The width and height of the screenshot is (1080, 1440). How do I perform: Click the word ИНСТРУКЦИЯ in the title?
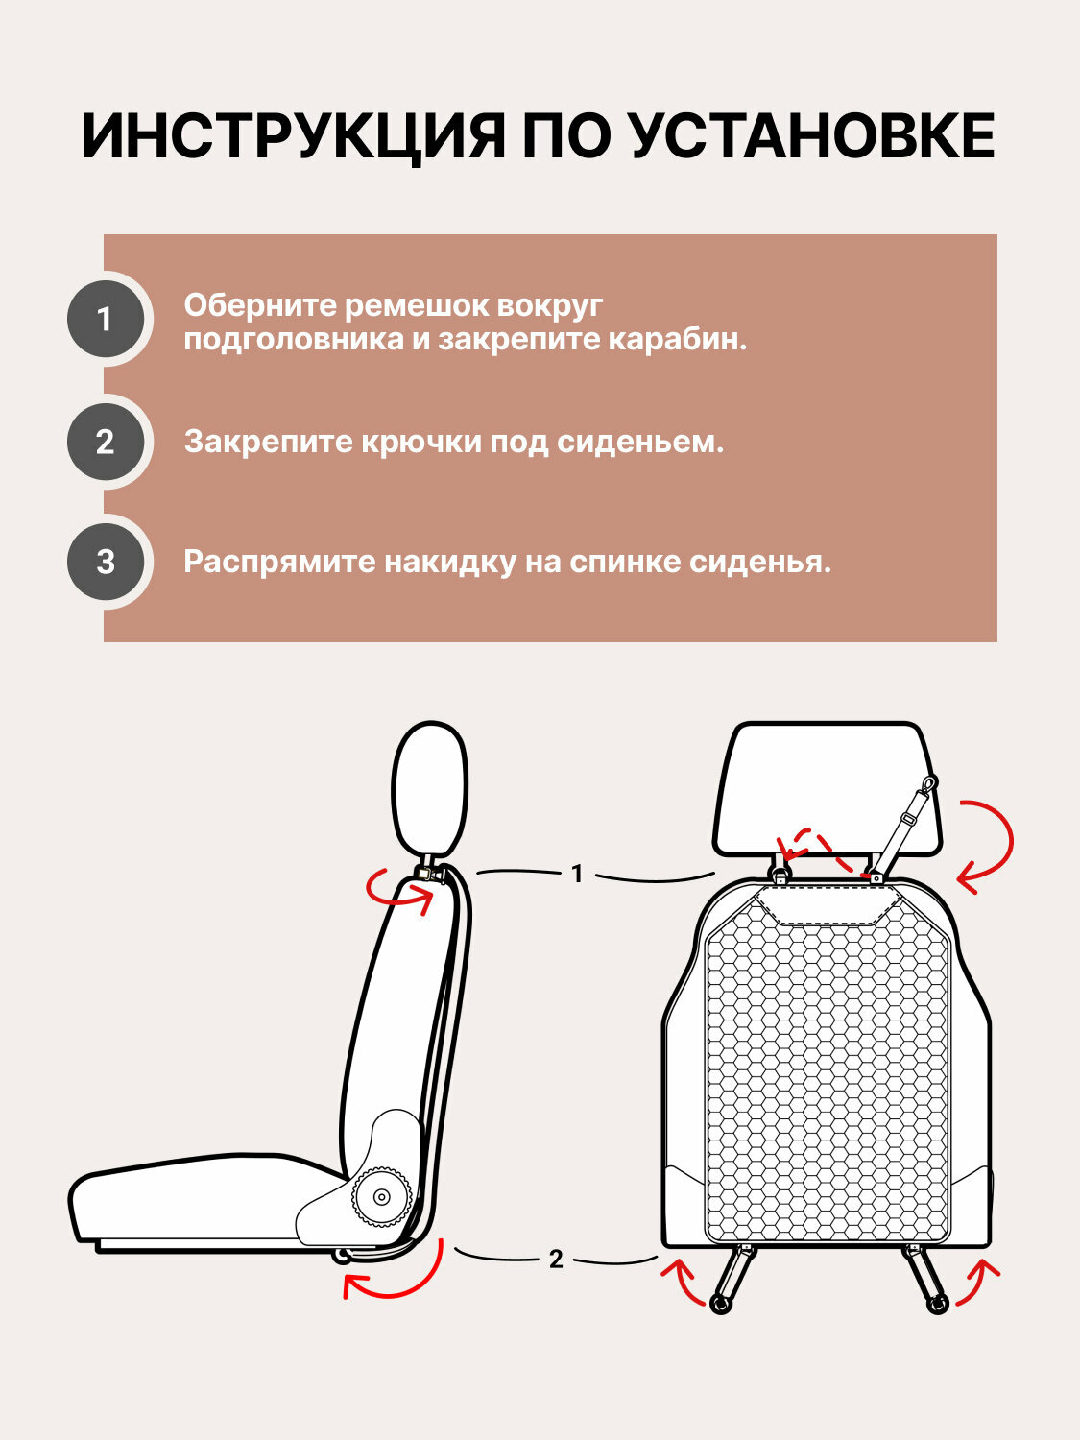(292, 135)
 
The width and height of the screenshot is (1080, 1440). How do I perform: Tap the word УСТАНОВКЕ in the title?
(812, 135)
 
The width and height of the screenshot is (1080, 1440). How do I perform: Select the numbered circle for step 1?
(106, 320)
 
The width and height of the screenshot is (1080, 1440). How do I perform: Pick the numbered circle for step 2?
(106, 442)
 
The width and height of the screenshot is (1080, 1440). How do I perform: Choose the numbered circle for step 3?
(106, 562)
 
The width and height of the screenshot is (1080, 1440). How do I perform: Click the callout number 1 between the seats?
(577, 874)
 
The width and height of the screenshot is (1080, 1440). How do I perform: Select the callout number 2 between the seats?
(556, 1259)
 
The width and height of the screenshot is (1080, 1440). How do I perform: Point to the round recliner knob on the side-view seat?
(381, 1197)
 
